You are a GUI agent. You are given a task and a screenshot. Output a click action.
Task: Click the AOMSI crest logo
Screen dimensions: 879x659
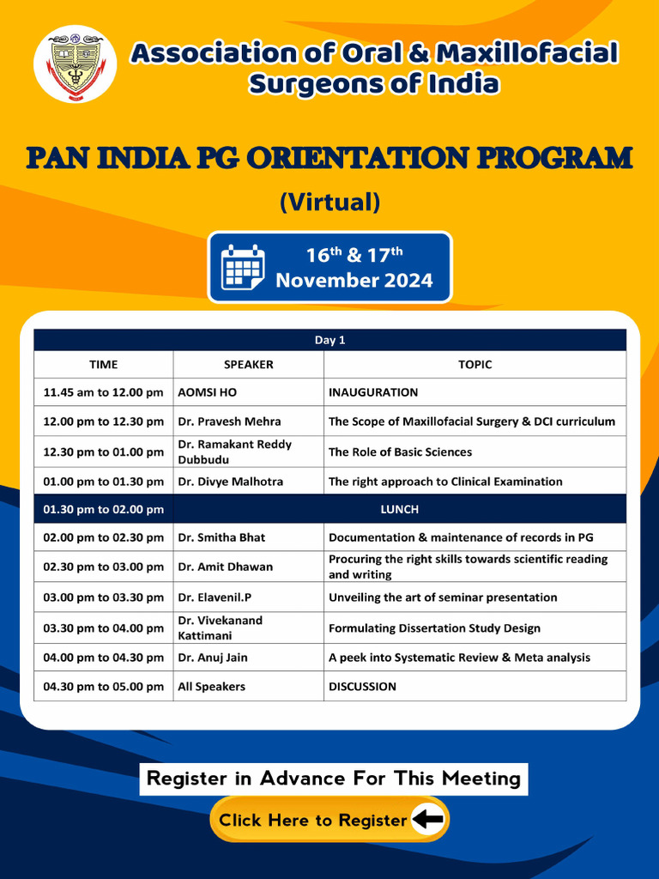(x=75, y=64)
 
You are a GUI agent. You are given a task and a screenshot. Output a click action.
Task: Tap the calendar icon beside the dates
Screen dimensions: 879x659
(x=243, y=267)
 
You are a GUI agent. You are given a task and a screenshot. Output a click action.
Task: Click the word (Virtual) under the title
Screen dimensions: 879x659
(x=329, y=202)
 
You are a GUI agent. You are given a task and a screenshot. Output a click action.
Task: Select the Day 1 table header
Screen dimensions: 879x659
(x=329, y=340)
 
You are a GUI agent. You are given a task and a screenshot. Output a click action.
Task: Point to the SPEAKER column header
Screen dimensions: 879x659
(x=248, y=364)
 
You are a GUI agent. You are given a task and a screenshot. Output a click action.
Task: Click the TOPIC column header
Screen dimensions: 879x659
(x=475, y=364)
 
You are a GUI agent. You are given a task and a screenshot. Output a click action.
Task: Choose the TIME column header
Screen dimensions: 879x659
(x=103, y=364)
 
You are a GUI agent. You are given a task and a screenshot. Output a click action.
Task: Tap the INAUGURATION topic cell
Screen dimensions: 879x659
(x=373, y=392)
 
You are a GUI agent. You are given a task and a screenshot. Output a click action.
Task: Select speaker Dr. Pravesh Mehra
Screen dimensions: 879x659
(x=229, y=421)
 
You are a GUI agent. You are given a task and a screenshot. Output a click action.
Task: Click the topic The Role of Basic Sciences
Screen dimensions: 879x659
(x=400, y=452)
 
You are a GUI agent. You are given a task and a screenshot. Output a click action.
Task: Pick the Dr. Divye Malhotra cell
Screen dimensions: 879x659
(x=230, y=482)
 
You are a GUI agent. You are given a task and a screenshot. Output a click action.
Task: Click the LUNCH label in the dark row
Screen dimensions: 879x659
(x=400, y=509)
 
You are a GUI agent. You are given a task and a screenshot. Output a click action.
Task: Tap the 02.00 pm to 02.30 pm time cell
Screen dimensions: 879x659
(x=103, y=537)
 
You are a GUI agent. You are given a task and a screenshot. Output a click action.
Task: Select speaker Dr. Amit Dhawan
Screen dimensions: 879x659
(x=225, y=567)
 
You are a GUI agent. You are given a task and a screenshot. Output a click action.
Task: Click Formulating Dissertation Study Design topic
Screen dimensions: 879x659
(x=434, y=628)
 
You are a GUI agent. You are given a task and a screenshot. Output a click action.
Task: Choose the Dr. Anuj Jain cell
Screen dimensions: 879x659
(x=218, y=658)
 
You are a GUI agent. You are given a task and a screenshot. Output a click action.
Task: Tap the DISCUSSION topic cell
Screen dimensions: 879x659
(x=362, y=687)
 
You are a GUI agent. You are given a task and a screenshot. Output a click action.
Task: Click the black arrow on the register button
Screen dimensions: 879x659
(x=427, y=820)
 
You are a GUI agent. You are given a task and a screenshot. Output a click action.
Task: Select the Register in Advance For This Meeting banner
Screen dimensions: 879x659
(x=334, y=779)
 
